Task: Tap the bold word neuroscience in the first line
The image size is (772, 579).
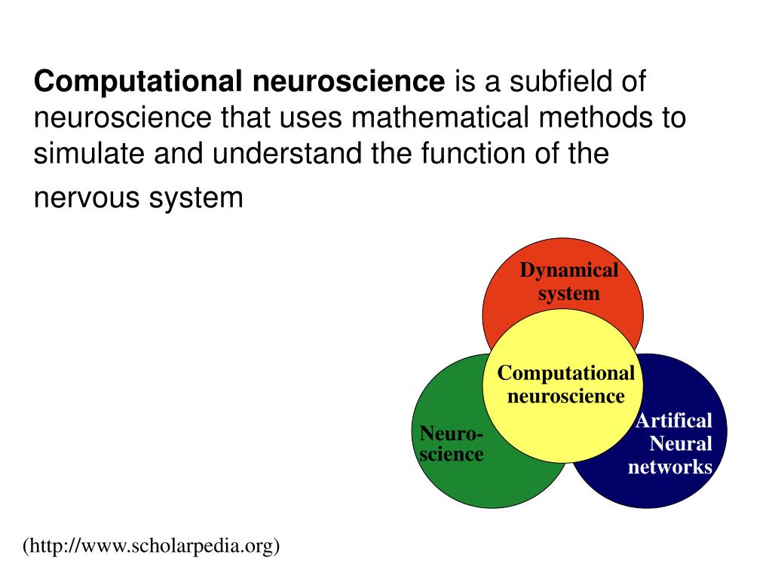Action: pos(349,81)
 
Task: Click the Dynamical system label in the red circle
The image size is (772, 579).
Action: pos(569,282)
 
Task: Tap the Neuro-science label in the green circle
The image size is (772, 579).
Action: pos(452,444)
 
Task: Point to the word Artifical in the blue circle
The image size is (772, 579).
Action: pos(673,420)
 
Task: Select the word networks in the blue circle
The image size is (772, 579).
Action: pos(670,467)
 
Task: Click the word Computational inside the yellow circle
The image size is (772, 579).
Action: pos(565,373)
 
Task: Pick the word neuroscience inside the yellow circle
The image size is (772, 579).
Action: pos(565,396)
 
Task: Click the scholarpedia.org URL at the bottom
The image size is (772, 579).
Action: pos(151,545)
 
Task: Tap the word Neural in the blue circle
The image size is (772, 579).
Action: pos(681,443)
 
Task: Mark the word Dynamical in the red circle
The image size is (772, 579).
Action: pos(569,270)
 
